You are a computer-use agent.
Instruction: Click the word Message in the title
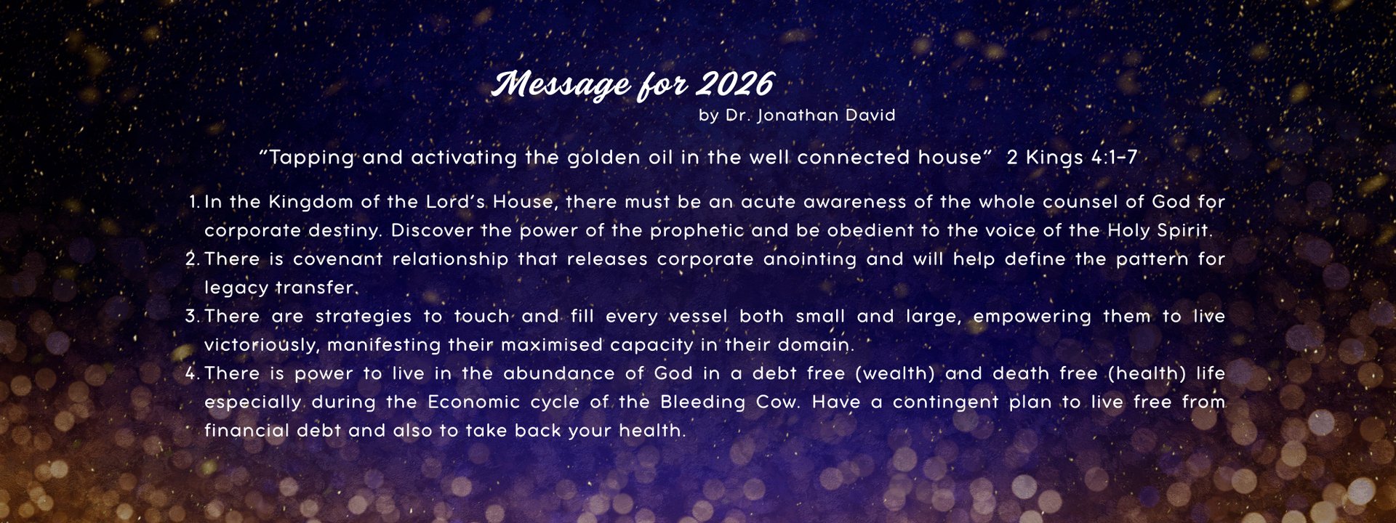[561, 85]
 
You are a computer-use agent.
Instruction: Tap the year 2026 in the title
[734, 84]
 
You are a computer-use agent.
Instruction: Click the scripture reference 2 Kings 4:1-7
[1072, 158]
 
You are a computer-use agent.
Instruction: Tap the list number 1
[193, 202]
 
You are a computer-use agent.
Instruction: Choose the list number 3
[193, 317]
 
